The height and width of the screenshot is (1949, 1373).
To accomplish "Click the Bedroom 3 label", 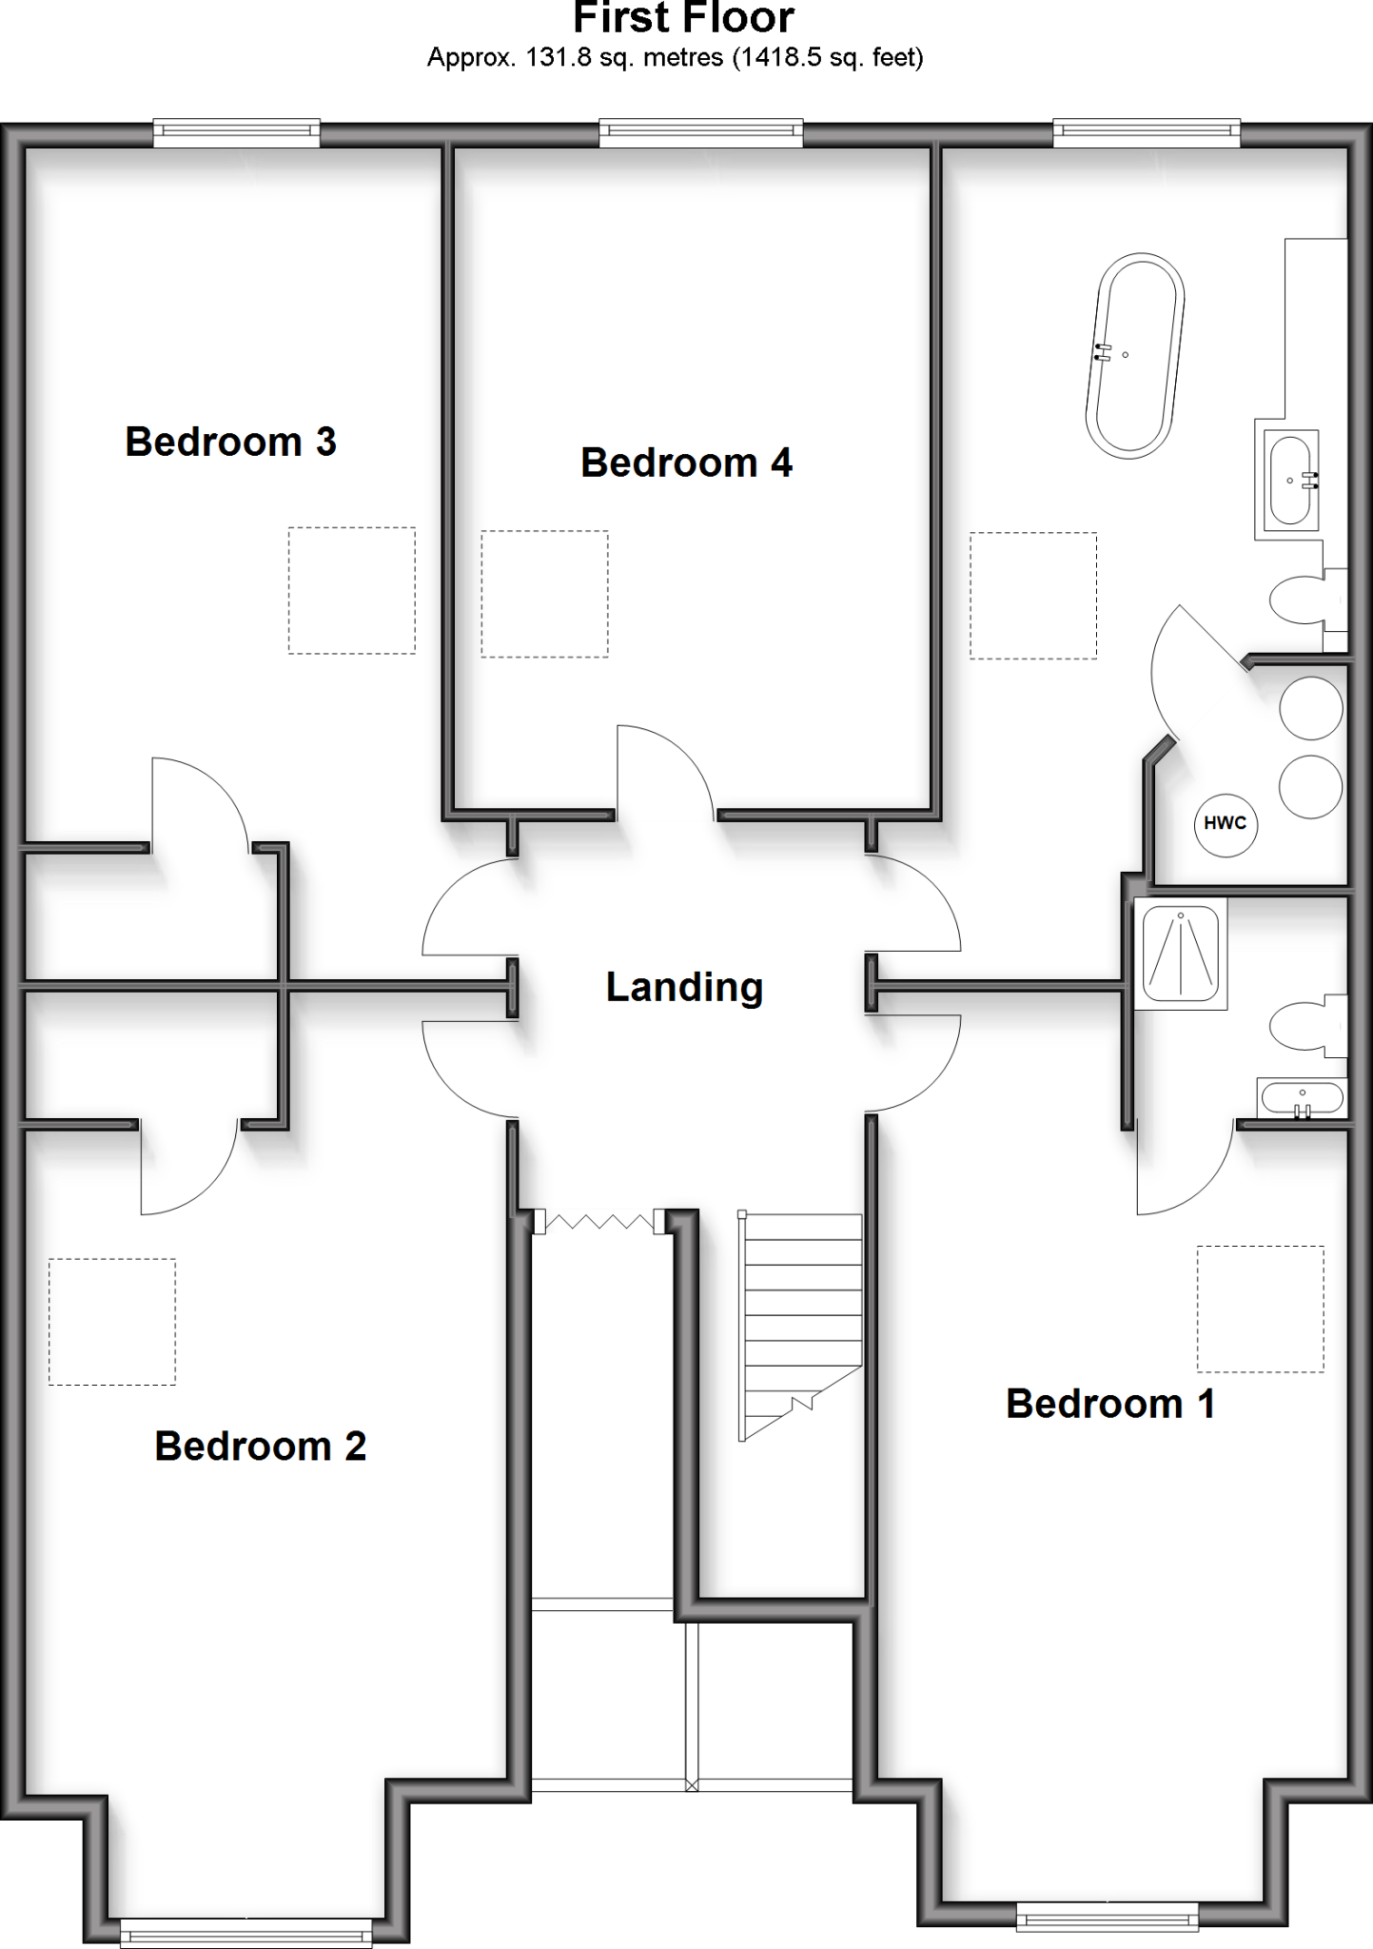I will [x=230, y=443].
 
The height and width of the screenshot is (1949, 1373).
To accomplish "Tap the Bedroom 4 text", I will [x=686, y=463].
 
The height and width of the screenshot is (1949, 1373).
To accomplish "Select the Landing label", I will [x=684, y=988].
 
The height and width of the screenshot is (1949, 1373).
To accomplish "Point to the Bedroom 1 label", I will [x=1110, y=1405].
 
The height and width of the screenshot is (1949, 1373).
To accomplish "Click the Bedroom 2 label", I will [x=260, y=1447].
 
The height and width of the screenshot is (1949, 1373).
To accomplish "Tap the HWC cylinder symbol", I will [x=1226, y=824].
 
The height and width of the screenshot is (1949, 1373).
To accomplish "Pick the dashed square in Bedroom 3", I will [x=352, y=590].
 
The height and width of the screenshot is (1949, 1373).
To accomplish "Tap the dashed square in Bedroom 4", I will [x=544, y=594].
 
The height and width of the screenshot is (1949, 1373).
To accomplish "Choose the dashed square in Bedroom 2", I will [x=112, y=1322].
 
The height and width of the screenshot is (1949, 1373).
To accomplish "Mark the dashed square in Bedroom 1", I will [x=1260, y=1309].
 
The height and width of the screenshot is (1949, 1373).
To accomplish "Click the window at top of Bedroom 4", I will [x=700, y=133].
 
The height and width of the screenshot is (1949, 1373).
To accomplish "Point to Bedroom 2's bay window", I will [x=245, y=1932].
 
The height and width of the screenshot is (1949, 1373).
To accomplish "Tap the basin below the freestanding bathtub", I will [x=1290, y=481].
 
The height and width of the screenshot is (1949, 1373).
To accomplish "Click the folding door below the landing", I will [x=599, y=1222].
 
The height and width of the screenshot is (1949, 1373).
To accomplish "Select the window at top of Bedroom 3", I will [x=236, y=133].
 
